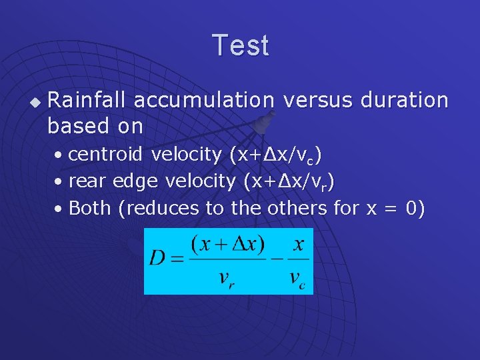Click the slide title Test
241,45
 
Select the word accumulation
204,100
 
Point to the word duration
405,100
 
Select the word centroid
106,155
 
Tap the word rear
88,181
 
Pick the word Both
89,208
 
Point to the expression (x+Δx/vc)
276,155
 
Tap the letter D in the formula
157,258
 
